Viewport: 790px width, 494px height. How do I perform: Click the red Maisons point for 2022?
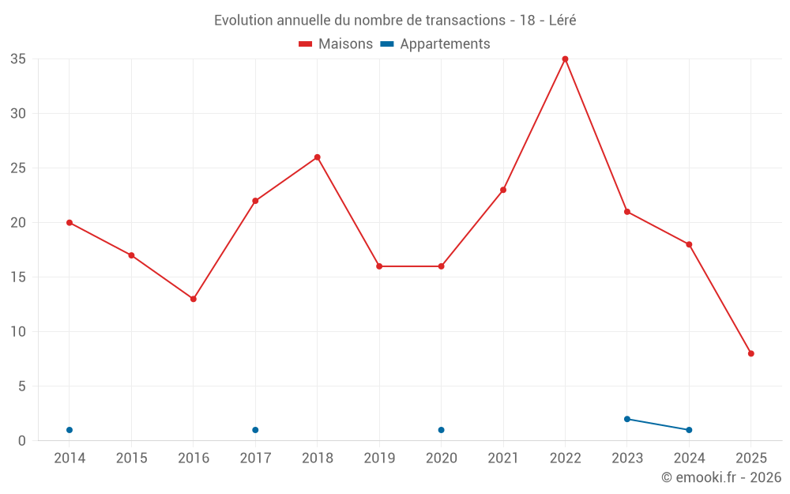pos(565,59)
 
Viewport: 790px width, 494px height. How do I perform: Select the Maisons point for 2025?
pos(750,353)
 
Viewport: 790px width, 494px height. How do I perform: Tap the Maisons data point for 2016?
pos(194,299)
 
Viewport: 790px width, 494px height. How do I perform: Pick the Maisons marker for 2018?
pos(318,157)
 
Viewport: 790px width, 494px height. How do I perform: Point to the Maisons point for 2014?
pos(70,223)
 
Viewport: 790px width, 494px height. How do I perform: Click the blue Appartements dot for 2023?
pos(627,419)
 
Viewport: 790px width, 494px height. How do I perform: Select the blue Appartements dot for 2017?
pos(255,430)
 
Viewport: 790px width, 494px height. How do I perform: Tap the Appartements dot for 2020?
pos(441,430)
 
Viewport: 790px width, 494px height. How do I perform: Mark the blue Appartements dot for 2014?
pos(70,430)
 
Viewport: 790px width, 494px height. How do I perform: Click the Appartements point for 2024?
pos(689,430)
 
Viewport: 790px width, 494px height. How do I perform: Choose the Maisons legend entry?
pos(336,44)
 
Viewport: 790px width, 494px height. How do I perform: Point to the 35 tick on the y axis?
pos(18,59)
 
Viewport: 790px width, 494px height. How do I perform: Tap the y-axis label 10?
pos(18,332)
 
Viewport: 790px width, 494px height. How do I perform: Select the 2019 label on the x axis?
pos(379,458)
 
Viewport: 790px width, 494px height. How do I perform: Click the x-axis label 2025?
pos(750,458)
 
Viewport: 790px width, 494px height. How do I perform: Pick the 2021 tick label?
pos(503,458)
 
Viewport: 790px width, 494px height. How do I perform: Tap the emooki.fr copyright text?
pos(721,477)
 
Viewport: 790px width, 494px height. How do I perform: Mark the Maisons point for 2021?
pos(503,190)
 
